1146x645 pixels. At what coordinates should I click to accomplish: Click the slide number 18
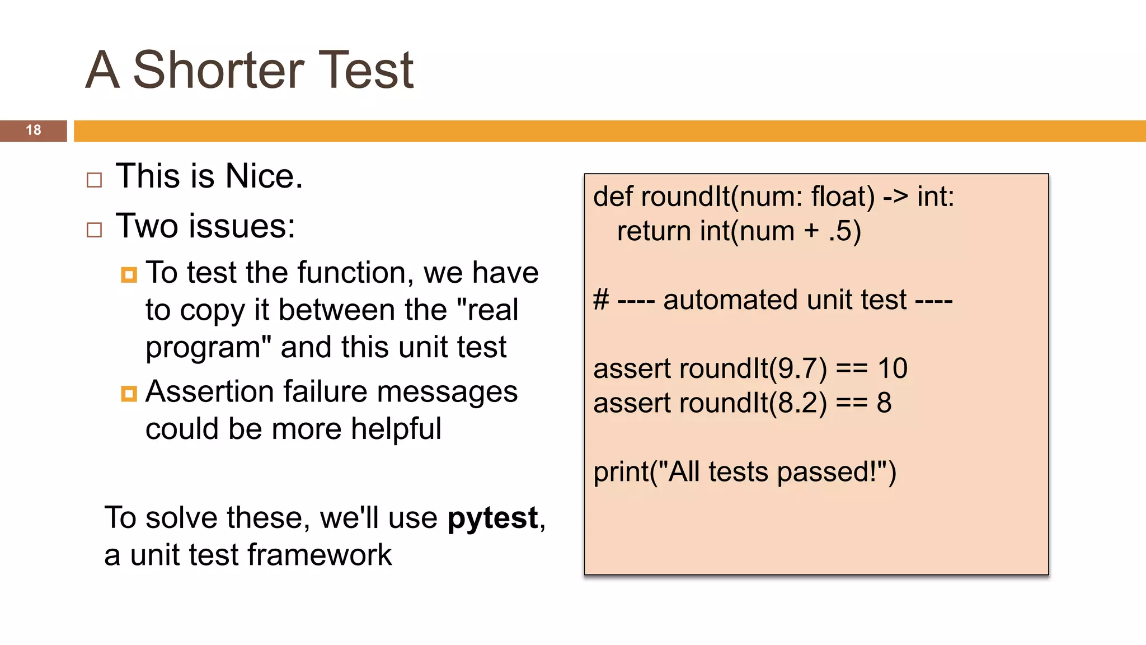(34, 130)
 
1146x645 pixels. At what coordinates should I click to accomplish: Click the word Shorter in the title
(218, 70)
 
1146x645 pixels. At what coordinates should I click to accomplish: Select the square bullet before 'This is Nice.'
(95, 180)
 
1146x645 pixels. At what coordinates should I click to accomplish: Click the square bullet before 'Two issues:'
(95, 230)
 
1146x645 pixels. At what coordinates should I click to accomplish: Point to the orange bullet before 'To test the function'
(129, 275)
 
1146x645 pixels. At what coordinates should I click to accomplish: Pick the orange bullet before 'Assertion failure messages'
(129, 394)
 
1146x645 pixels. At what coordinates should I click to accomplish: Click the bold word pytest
(492, 518)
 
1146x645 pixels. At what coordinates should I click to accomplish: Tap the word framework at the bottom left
(319, 555)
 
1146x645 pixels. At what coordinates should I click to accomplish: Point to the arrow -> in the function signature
(895, 197)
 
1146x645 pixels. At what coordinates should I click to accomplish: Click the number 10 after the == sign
(892, 369)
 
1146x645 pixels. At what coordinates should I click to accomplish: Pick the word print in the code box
(620, 472)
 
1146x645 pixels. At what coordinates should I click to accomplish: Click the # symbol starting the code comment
(601, 300)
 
